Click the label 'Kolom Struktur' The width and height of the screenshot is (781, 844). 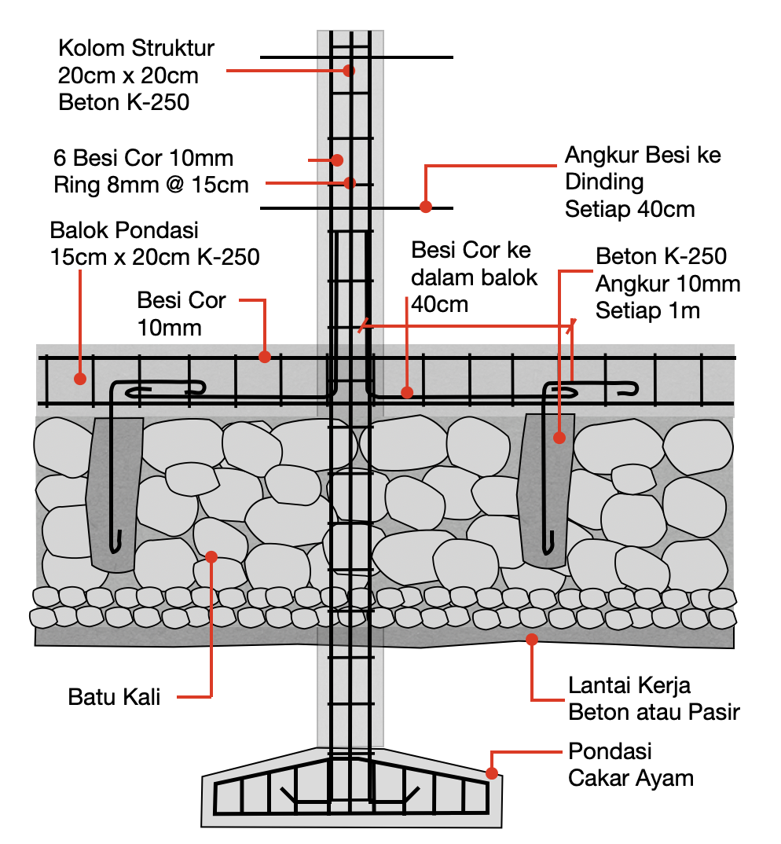pos(136,49)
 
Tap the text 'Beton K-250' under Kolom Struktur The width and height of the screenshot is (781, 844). pos(124,101)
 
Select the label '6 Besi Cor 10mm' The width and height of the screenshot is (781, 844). pos(143,158)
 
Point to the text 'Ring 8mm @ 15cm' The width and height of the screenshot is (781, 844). pos(151,185)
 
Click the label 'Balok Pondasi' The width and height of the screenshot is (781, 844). pos(124,231)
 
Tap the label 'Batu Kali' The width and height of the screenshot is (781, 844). pos(115,696)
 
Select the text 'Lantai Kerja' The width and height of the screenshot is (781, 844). pos(629,685)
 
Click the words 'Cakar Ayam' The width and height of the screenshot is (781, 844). pos(631,779)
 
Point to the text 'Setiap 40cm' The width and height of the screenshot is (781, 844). pos(630,210)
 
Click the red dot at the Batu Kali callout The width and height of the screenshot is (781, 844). pos(211,556)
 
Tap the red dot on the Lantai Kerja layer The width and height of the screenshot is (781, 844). pos(533,639)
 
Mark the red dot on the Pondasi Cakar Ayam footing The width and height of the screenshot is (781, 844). pos(492,773)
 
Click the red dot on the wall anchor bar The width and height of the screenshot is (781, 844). pos(426,207)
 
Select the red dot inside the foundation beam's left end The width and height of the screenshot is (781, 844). pos(79,379)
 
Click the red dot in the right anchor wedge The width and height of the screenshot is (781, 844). pos(559,438)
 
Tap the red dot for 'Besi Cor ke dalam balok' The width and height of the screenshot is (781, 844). pos(406,391)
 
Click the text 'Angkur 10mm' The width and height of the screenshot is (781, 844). pos(668,283)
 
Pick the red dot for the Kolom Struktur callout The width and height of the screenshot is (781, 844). pos(349,70)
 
